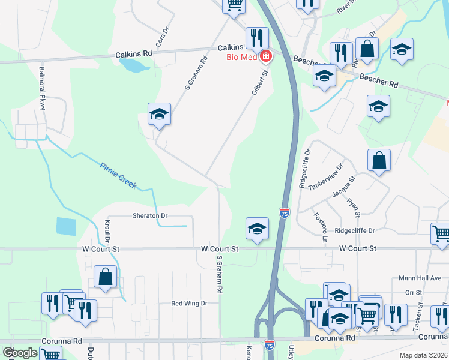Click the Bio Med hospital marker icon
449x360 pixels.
[265, 56]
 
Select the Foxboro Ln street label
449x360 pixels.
[320, 227]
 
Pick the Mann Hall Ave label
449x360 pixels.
[420, 278]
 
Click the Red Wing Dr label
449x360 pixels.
[189, 304]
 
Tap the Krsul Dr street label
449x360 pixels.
[108, 230]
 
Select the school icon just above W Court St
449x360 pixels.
[257, 229]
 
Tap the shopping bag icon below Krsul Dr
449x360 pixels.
[106, 277]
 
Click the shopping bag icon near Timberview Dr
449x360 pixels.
[379, 160]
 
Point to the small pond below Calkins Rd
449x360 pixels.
[135, 64]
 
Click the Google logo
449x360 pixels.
[20, 353]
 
